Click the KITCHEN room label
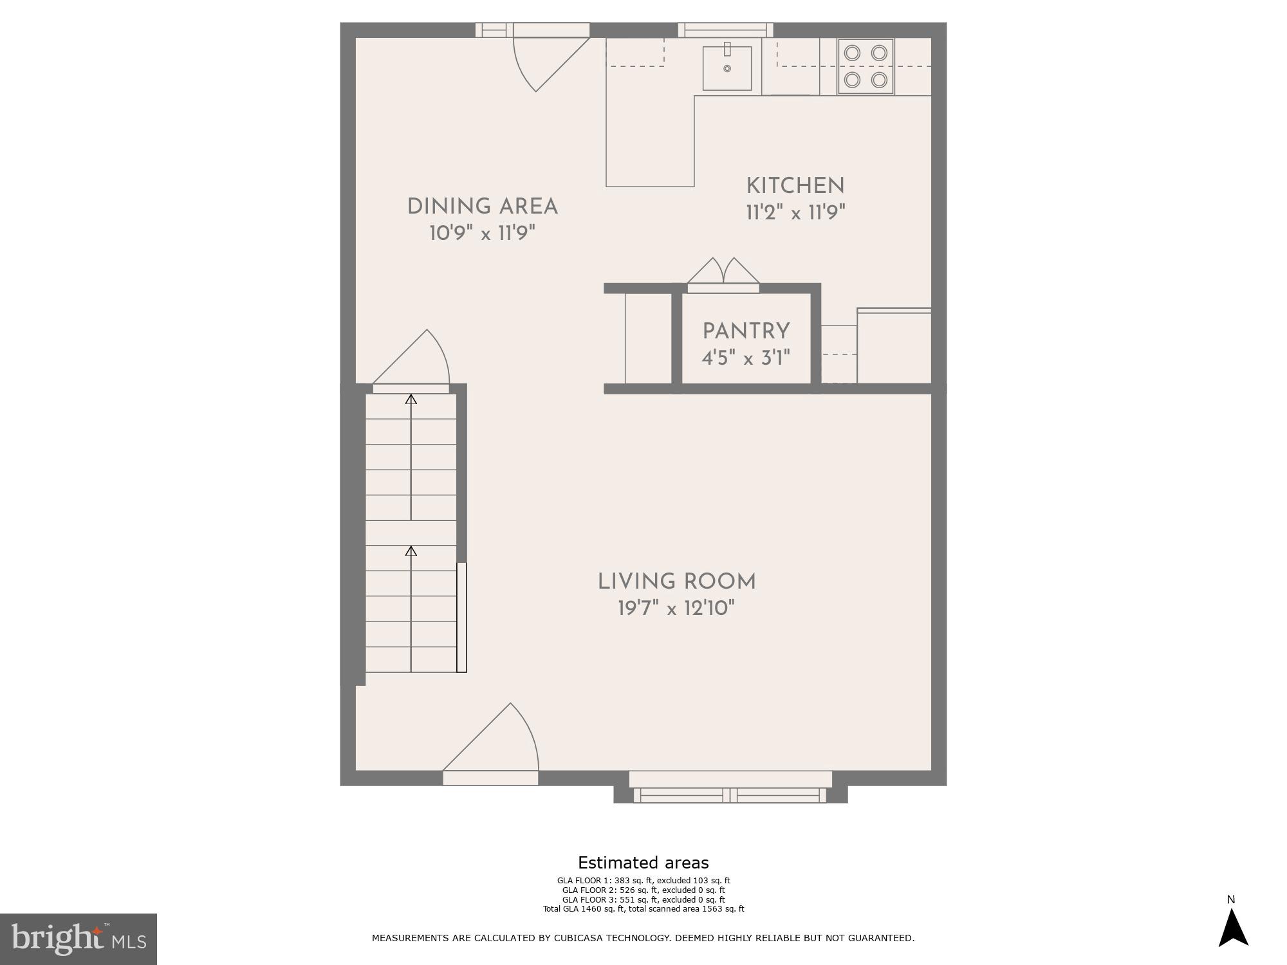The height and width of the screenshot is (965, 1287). [x=795, y=186]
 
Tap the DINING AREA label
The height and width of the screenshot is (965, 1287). [x=482, y=207]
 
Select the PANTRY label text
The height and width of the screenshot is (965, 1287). [x=746, y=331]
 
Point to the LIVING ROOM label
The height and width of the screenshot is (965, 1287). [x=676, y=582]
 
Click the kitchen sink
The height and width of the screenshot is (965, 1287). [x=727, y=68]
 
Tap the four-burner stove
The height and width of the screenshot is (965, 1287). [x=866, y=66]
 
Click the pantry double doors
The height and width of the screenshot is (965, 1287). [x=723, y=273]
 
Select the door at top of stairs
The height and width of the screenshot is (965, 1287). [x=412, y=363]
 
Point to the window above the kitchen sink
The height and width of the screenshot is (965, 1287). [x=725, y=30]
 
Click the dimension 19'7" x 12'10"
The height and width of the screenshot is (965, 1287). [x=676, y=608]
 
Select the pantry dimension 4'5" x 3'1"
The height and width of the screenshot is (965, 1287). [x=746, y=358]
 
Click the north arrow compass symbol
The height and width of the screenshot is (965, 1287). [x=1232, y=926]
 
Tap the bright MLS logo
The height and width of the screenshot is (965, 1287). [x=79, y=939]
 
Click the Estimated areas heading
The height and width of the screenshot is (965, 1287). [x=643, y=863]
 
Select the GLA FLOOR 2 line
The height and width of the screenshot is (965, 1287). [x=643, y=890]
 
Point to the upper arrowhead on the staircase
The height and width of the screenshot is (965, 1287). [x=411, y=400]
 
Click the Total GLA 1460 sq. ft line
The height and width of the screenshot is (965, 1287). [x=643, y=909]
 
